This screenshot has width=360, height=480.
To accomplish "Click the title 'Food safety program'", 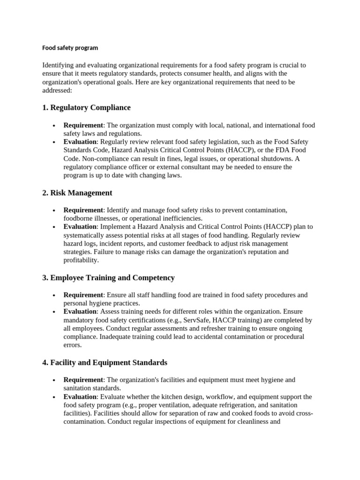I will click(x=70, y=48).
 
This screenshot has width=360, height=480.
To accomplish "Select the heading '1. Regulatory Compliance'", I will click(x=86, y=108).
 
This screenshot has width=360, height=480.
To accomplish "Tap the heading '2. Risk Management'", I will click(x=77, y=193).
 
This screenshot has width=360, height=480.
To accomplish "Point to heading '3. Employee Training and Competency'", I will click(x=108, y=277).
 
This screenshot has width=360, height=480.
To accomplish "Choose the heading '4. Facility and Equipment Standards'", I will click(x=105, y=362).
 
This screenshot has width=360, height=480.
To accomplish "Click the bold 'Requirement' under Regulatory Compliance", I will click(x=83, y=125).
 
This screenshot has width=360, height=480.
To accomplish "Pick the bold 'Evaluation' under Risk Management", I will click(x=80, y=227).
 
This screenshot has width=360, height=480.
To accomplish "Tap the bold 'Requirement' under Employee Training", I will click(x=83, y=295).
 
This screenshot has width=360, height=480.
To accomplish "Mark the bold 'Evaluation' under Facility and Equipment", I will click(x=80, y=397).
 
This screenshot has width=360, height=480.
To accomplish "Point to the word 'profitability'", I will click(x=81, y=261).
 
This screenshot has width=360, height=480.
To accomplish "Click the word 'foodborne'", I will click(x=78, y=218).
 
